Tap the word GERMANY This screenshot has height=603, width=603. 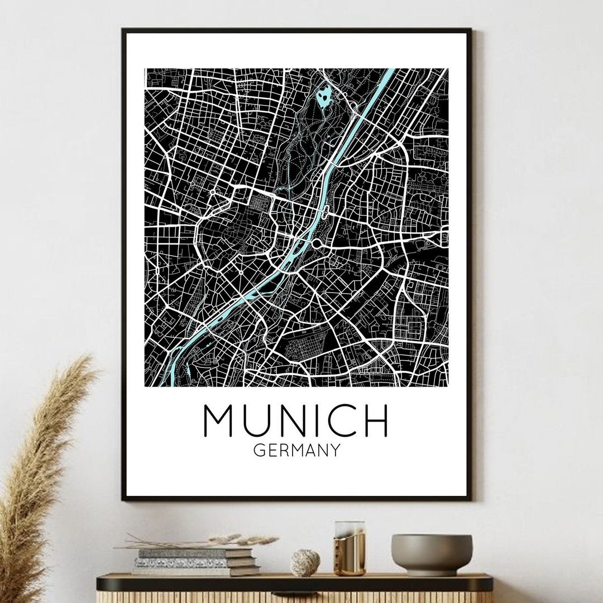296,450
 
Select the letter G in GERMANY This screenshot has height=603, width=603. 259,450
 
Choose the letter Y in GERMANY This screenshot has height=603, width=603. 334,450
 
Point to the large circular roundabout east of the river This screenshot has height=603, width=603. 319,243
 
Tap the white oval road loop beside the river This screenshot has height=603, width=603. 326,212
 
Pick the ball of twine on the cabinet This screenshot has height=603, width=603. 305,562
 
